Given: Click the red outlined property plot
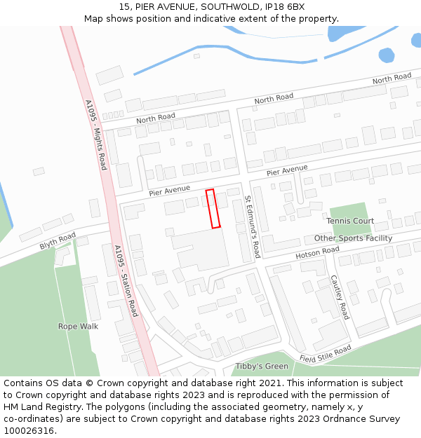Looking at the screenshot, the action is pyautogui.click(x=213, y=208).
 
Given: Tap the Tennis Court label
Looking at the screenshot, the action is pyautogui.click(x=350, y=221).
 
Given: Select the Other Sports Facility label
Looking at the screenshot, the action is pyautogui.click(x=353, y=238).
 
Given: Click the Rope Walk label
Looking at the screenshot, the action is pyautogui.click(x=78, y=327).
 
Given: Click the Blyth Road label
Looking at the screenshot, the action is pyautogui.click(x=58, y=241).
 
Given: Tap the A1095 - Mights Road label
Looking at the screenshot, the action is pyautogui.click(x=96, y=135).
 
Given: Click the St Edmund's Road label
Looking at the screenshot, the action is pyautogui.click(x=252, y=226).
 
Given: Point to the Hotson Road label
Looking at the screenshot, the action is pyautogui.click(x=317, y=252).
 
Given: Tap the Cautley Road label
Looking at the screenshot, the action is pyautogui.click(x=340, y=296).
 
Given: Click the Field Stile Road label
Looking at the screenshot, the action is pyautogui.click(x=325, y=355).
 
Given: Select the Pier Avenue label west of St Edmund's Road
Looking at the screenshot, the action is pyautogui.click(x=169, y=189).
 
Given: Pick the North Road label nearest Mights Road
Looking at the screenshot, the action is pyautogui.click(x=156, y=118).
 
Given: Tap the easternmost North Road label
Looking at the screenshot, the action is pyautogui.click(x=392, y=78).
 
